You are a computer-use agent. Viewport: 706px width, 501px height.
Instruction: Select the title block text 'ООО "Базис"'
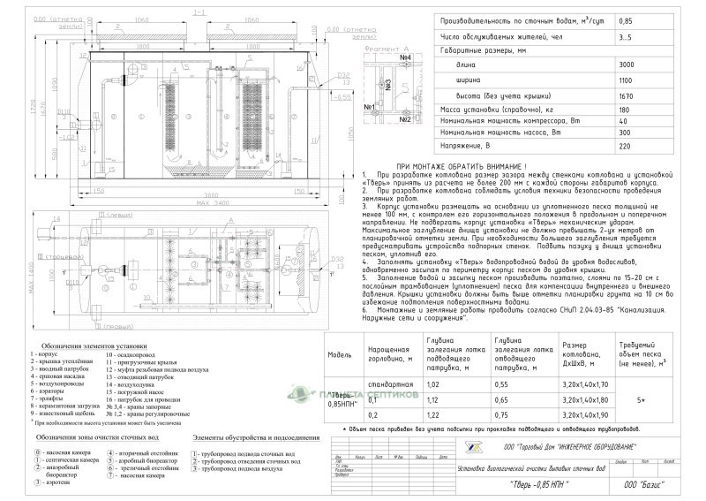(642, 484)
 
